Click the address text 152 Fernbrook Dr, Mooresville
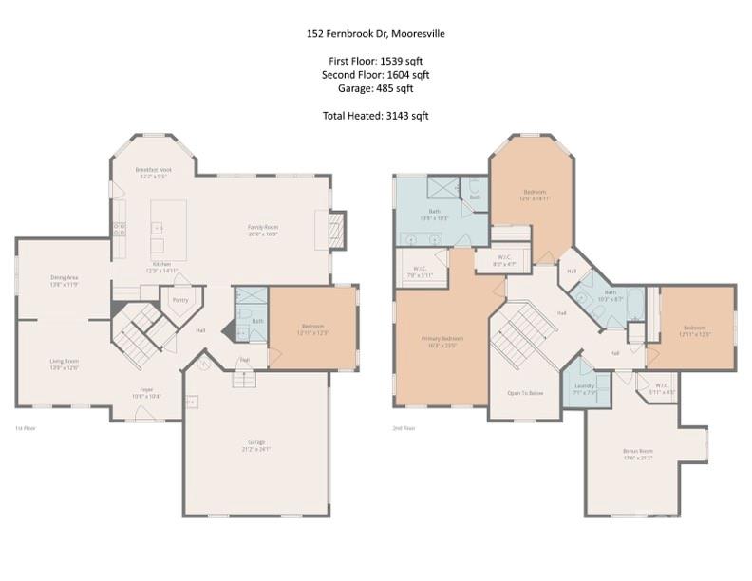[x=375, y=33]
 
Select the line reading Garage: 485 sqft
[x=375, y=88]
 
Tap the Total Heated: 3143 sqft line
[x=375, y=116]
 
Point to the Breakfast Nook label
[x=153, y=172]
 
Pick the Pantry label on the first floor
[x=179, y=300]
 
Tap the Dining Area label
[x=64, y=280]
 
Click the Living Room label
[x=64, y=364]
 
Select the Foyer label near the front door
[x=146, y=390]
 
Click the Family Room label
[x=262, y=230]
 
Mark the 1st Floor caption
[x=26, y=429]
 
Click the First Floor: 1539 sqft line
[x=375, y=61]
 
